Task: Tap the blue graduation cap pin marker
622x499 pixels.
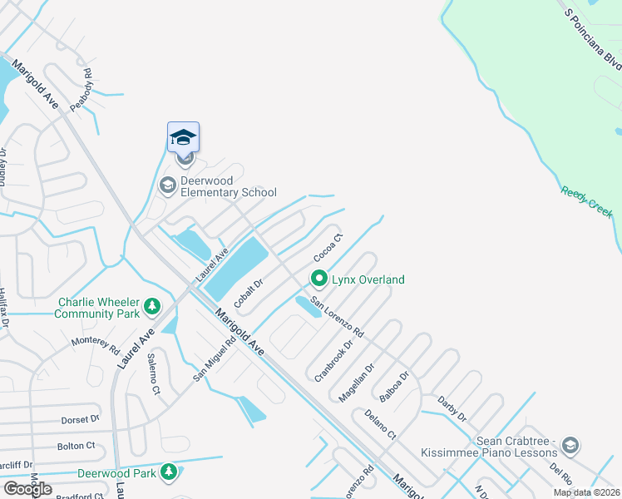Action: click(x=183, y=137)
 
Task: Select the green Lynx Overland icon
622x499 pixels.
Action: click(x=318, y=279)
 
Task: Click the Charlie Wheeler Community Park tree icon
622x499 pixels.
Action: click(x=151, y=308)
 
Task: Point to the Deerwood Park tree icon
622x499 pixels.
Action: click(x=169, y=473)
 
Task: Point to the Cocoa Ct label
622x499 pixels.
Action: click(x=328, y=248)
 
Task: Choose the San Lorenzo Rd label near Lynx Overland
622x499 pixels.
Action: click(x=338, y=317)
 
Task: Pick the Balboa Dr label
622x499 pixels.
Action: click(x=393, y=387)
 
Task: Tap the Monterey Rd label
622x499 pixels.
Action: click(x=96, y=345)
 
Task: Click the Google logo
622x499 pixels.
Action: click(x=28, y=489)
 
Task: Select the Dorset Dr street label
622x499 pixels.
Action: click(x=80, y=420)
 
